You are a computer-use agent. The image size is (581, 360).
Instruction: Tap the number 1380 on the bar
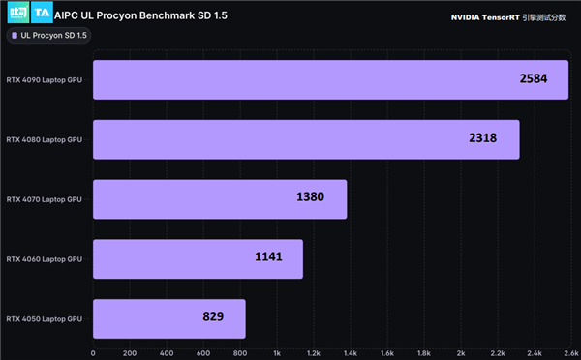point(310,198)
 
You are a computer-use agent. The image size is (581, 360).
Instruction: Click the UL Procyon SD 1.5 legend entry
point(49,36)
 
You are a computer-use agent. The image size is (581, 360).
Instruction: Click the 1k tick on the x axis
point(277,352)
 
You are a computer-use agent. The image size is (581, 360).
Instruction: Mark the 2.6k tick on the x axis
point(571,352)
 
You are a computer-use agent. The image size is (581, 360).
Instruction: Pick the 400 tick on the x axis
point(166,352)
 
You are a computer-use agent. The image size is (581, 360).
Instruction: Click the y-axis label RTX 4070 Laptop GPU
point(45,199)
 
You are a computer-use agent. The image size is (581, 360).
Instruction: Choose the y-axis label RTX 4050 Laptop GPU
point(45,318)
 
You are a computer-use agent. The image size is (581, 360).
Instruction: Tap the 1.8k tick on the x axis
point(424,352)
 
